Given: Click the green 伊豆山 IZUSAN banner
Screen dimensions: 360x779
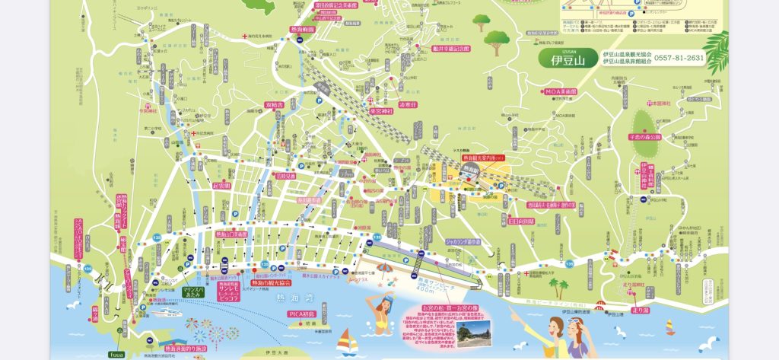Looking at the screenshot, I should click(567, 57).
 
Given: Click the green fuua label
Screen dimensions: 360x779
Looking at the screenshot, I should click(116, 354).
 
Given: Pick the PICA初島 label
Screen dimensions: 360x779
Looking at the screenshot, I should click(301, 314).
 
